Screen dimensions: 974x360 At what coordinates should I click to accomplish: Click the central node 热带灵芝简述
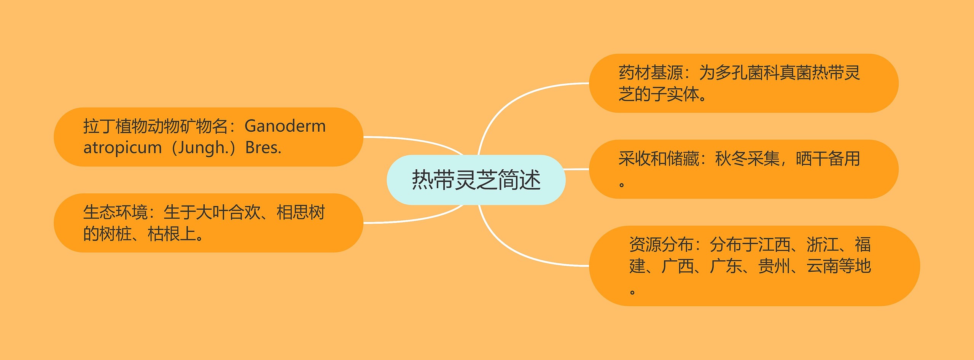pos(476,180)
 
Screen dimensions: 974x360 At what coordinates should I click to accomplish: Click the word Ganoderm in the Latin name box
pos(285,126)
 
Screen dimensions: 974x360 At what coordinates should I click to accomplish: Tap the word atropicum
pos(123,148)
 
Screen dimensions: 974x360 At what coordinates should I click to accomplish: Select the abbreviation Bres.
pos(263,147)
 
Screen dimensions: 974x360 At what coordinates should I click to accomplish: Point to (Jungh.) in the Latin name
pos(204,148)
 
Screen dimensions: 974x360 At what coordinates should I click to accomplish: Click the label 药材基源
pos(651,73)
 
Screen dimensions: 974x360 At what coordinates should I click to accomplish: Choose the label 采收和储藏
pos(659,159)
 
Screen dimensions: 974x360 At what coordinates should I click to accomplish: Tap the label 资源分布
pos(661,244)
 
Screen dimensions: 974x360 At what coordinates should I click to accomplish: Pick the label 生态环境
pos(115,212)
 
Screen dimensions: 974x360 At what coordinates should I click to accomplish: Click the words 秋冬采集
pos(747,159)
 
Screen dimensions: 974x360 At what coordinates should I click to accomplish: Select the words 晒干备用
pos(828,159)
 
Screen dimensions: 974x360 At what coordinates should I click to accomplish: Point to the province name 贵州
pos(774,266)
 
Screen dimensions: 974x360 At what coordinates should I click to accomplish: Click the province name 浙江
pos(822,244)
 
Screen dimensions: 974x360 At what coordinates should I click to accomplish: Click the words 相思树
pos(301,212)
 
